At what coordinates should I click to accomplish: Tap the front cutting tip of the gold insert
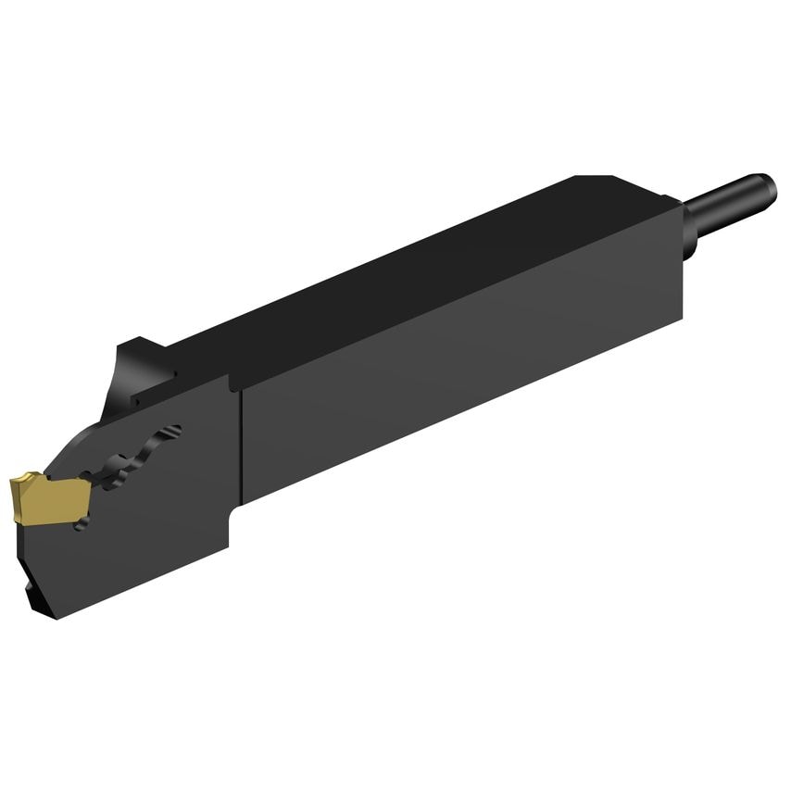coord(14,484)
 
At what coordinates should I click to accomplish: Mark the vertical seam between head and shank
coord(242,445)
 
